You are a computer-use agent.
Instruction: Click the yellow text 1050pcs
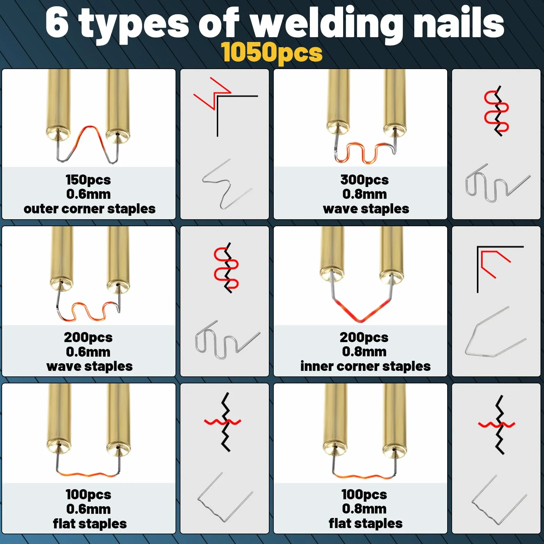pos(272,53)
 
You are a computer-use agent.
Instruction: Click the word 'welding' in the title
pos(326,24)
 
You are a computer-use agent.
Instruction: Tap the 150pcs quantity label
pos(88,180)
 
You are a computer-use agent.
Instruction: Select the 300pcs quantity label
pos(364,180)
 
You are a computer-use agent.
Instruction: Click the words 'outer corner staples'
pos(90,209)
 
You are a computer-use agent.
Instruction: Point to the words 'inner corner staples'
pos(365,366)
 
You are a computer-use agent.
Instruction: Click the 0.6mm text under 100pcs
pos(88,509)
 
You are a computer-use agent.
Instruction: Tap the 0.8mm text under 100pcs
pos(364,509)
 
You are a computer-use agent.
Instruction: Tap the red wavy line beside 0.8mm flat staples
pos(496,424)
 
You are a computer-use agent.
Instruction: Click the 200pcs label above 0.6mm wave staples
pos(88,337)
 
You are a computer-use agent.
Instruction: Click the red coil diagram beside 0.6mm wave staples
pos(226,268)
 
